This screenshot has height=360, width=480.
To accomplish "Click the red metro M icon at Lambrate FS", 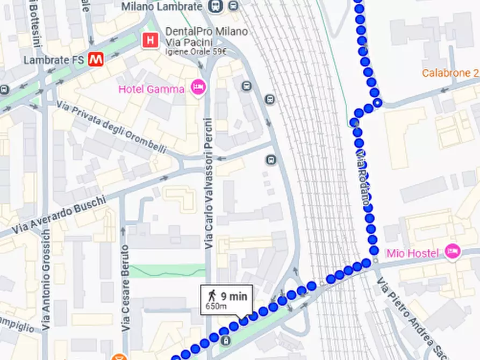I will (96, 60).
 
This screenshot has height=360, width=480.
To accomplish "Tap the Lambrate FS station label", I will (53, 60).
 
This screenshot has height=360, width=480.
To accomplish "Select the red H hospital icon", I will (150, 40).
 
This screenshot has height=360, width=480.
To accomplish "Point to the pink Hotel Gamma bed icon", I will (198, 88).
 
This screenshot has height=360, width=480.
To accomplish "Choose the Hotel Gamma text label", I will (151, 89).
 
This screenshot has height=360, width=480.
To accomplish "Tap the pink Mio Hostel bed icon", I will (453, 251).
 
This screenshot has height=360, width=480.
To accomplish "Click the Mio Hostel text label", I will (413, 252).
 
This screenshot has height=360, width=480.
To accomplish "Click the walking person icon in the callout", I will (211, 295).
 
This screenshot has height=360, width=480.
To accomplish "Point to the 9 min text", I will (234, 296).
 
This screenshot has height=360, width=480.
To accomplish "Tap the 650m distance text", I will (216, 306).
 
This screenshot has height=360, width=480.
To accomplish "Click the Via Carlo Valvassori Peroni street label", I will (209, 183).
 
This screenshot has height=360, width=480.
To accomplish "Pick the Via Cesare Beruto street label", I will (125, 287).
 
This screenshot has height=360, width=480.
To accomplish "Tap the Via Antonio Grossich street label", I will (46, 279).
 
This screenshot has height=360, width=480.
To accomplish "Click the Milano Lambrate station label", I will (162, 6).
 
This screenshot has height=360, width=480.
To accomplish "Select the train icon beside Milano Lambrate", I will (214, 6).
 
